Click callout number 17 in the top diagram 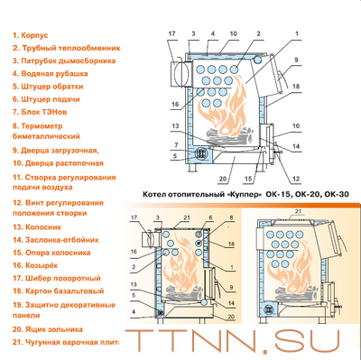point(172,33)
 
